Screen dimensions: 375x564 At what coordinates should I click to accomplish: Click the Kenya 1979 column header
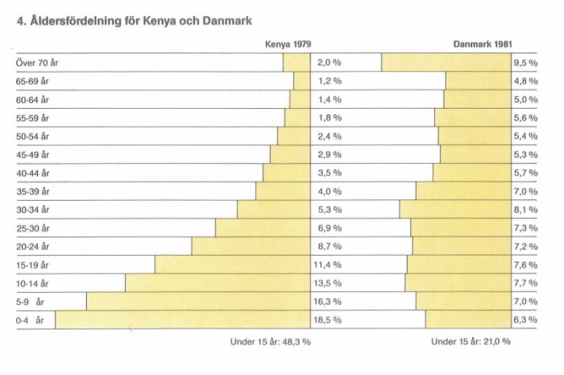(288, 45)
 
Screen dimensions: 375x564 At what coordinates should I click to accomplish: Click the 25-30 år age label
(33, 228)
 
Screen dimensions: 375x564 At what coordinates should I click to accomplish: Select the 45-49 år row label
(33, 155)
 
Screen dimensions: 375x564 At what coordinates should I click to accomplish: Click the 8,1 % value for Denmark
(525, 210)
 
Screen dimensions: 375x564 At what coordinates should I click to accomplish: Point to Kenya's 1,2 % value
(329, 81)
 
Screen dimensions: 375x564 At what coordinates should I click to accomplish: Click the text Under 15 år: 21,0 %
(471, 341)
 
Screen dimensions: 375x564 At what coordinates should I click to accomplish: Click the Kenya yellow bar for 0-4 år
(182, 320)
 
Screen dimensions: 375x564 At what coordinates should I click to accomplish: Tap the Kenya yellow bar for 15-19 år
(232, 265)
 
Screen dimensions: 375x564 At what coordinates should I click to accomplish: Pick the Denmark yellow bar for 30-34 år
(454, 210)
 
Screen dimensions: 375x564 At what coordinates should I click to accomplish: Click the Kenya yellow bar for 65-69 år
(301, 81)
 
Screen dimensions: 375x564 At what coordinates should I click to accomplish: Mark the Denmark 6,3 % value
(525, 320)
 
